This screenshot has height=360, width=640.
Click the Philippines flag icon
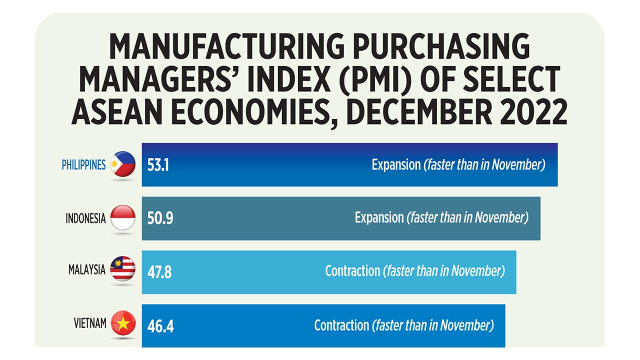pos(122,164)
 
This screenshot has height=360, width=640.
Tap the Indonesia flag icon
pos(122,218)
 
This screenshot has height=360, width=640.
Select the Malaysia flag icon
pos(122,269)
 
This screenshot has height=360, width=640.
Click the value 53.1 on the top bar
pos(158,165)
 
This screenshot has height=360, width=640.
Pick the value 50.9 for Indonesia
pos(160,218)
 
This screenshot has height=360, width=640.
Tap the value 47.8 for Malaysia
pos(159,272)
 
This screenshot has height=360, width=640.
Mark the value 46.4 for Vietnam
pos(160,326)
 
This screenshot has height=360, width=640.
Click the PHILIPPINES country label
pos(83,165)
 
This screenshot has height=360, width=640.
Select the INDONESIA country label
pos(85,218)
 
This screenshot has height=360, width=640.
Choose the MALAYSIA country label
pos(87,270)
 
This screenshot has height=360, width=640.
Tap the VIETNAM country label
pos(90,323)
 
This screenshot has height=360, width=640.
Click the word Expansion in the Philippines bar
pos(396,165)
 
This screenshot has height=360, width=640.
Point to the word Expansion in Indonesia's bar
pos(379,218)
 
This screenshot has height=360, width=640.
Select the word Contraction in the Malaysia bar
pos(352,271)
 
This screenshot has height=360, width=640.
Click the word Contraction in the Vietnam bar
pos(341,325)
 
